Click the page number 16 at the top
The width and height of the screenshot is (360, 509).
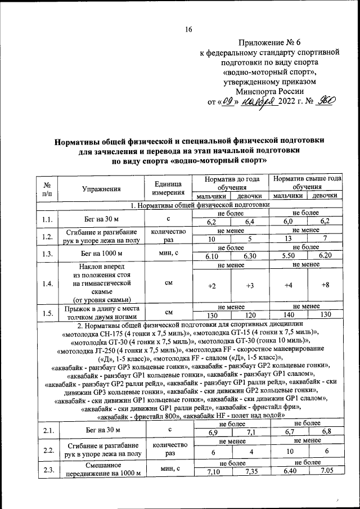tap(188, 29)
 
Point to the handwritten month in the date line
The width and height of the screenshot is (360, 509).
tap(258, 103)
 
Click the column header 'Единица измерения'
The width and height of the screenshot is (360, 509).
tap(168, 188)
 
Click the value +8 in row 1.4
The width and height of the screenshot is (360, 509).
tap(325, 286)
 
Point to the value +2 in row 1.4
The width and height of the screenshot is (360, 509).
tap(211, 286)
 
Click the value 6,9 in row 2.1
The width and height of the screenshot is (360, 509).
tap(213, 432)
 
